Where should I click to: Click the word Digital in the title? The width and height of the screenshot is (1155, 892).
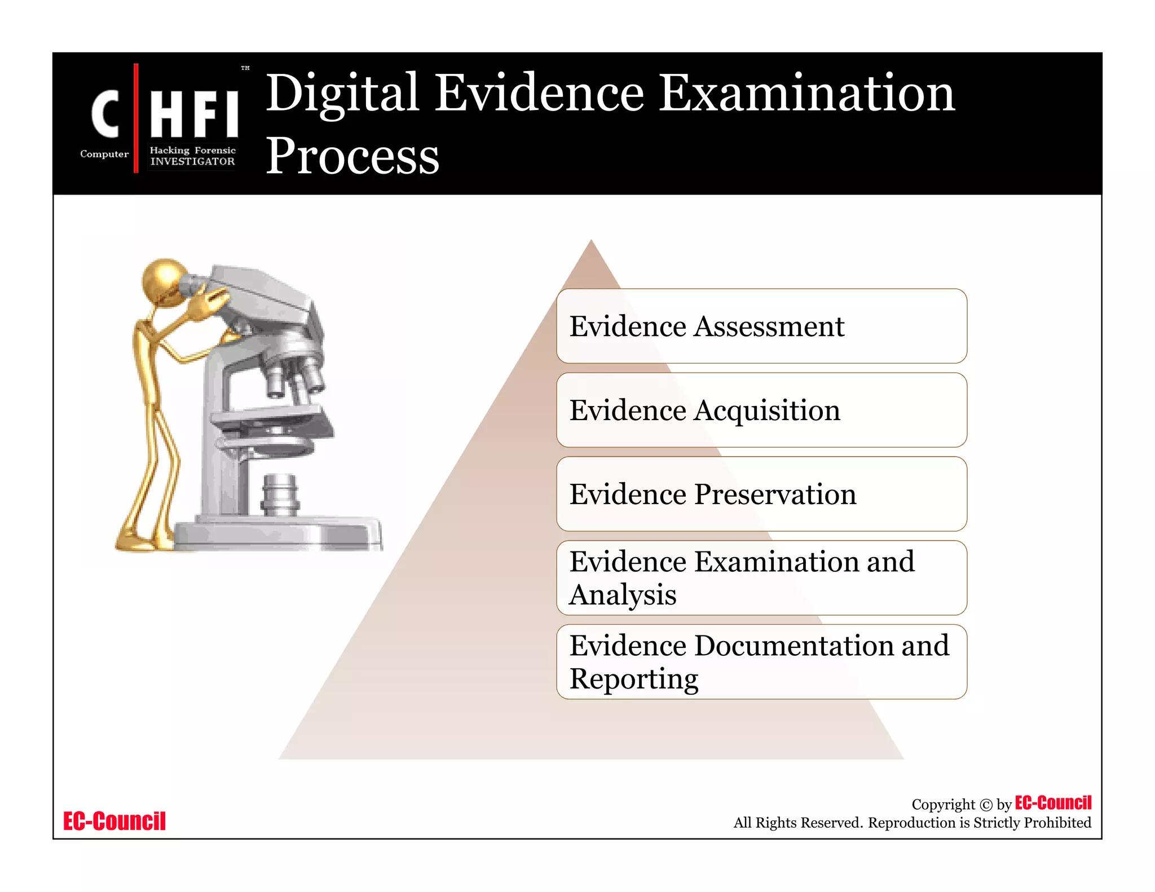tap(342, 94)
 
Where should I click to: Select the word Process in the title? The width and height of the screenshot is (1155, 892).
tap(352, 156)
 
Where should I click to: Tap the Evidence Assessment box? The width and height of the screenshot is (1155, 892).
tap(761, 326)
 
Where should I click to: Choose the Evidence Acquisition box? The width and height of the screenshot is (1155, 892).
tap(761, 410)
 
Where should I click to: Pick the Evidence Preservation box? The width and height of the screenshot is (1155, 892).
tap(761, 494)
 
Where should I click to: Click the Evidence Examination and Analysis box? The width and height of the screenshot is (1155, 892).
tap(761, 578)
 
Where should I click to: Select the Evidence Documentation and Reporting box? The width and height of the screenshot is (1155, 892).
tap(761, 662)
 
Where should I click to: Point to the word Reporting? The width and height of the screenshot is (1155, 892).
tap(633, 679)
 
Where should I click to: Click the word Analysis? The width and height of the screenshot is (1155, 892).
tap(623, 595)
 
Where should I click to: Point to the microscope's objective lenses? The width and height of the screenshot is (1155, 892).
tap(293, 378)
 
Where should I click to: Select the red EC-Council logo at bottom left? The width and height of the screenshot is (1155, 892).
tap(114, 822)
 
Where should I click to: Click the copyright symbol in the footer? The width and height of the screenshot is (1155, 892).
tap(986, 805)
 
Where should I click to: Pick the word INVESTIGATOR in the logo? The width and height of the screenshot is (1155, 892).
tap(192, 161)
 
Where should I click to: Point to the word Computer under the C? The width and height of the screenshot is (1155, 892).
tap(104, 154)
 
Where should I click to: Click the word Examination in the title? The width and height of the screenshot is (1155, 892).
tap(806, 94)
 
